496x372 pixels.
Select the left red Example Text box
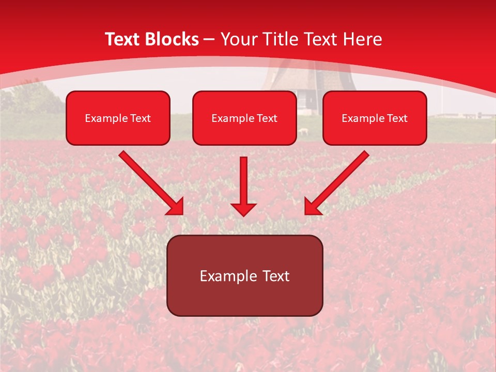(x=118, y=118)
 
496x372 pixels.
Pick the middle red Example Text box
(x=244, y=118)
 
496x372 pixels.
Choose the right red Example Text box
(x=375, y=118)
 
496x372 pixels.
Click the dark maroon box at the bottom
(x=244, y=275)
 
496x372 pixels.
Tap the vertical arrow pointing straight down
(x=243, y=183)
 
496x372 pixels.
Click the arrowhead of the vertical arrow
(x=243, y=209)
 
